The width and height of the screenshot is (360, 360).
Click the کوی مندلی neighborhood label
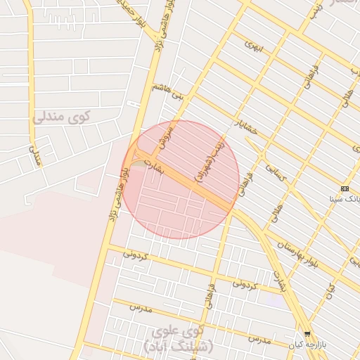pyautogui.click(x=62, y=117)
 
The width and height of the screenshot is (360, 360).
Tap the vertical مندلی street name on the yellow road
pyautogui.click(x=34, y=156)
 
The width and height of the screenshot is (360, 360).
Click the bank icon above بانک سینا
pyautogui.click(x=345, y=188)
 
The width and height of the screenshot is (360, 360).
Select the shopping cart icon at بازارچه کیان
pyautogui.click(x=307, y=333)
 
